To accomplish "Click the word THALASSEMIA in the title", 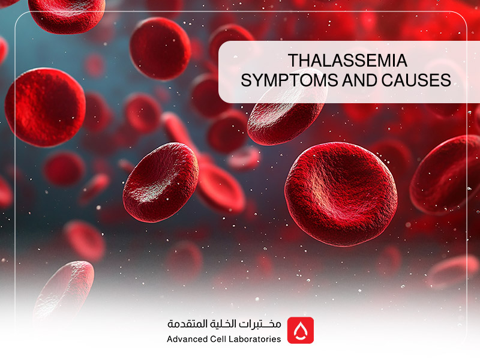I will [x=340, y=61].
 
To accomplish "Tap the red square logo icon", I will [x=300, y=330].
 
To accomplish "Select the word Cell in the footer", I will [x=225, y=339].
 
